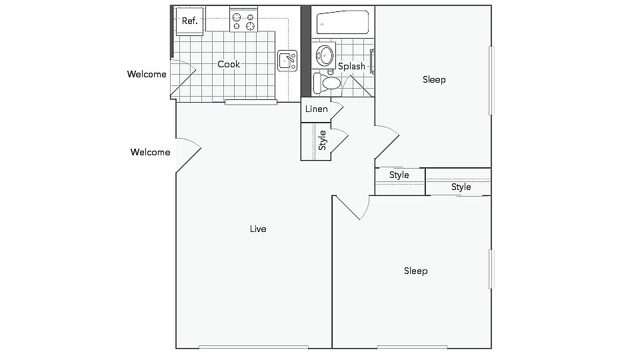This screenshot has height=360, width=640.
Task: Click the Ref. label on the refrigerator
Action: (190, 21)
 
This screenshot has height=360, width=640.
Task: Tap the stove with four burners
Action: (243, 21)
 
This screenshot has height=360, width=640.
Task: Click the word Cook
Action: (229, 64)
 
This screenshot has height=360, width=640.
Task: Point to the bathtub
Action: (343, 23)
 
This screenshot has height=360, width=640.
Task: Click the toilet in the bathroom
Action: (327, 82)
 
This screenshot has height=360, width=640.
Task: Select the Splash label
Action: (351, 66)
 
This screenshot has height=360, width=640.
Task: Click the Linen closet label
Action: (317, 109)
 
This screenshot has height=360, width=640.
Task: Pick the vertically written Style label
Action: (323, 140)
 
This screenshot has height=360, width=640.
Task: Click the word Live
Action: (258, 229)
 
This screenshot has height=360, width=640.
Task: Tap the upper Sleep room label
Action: (434, 79)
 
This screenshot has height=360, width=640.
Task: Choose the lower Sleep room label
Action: (415, 271)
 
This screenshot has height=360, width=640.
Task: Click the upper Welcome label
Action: (147, 74)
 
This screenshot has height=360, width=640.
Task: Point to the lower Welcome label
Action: (150, 152)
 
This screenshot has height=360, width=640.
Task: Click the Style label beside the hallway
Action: (399, 175)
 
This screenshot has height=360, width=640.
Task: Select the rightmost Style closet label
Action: (461, 187)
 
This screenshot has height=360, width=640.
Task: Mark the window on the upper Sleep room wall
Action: (492, 79)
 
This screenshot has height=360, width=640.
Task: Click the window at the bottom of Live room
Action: (253, 347)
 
